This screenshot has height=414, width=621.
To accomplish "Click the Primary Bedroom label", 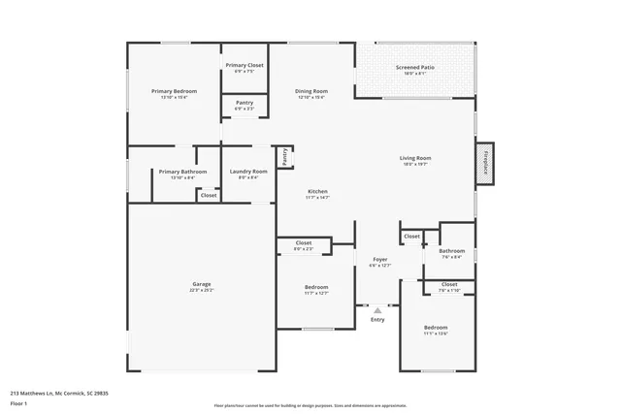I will click(x=174, y=91).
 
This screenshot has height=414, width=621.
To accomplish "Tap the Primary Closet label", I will click(x=245, y=65).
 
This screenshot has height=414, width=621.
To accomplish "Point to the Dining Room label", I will click(x=311, y=91).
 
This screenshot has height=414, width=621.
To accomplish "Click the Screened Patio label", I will click(x=414, y=67).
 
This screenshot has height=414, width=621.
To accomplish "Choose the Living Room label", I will click(x=415, y=158).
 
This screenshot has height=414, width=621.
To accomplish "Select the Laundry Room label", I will click(x=248, y=172).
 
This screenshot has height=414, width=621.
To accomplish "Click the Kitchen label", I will click(x=318, y=191).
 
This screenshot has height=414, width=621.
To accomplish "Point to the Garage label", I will click(x=201, y=284).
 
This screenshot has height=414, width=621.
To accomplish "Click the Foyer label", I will click(x=380, y=260).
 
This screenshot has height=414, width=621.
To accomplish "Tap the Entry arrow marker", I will click(x=378, y=309).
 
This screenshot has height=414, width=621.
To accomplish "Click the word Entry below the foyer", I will click(x=377, y=319).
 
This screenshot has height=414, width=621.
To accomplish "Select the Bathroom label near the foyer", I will click(x=453, y=251).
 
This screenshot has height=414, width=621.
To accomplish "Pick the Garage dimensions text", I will click(x=201, y=290).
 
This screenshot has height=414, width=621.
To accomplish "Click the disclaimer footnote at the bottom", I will click(x=310, y=405).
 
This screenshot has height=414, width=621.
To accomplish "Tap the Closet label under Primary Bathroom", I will click(x=209, y=195).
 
